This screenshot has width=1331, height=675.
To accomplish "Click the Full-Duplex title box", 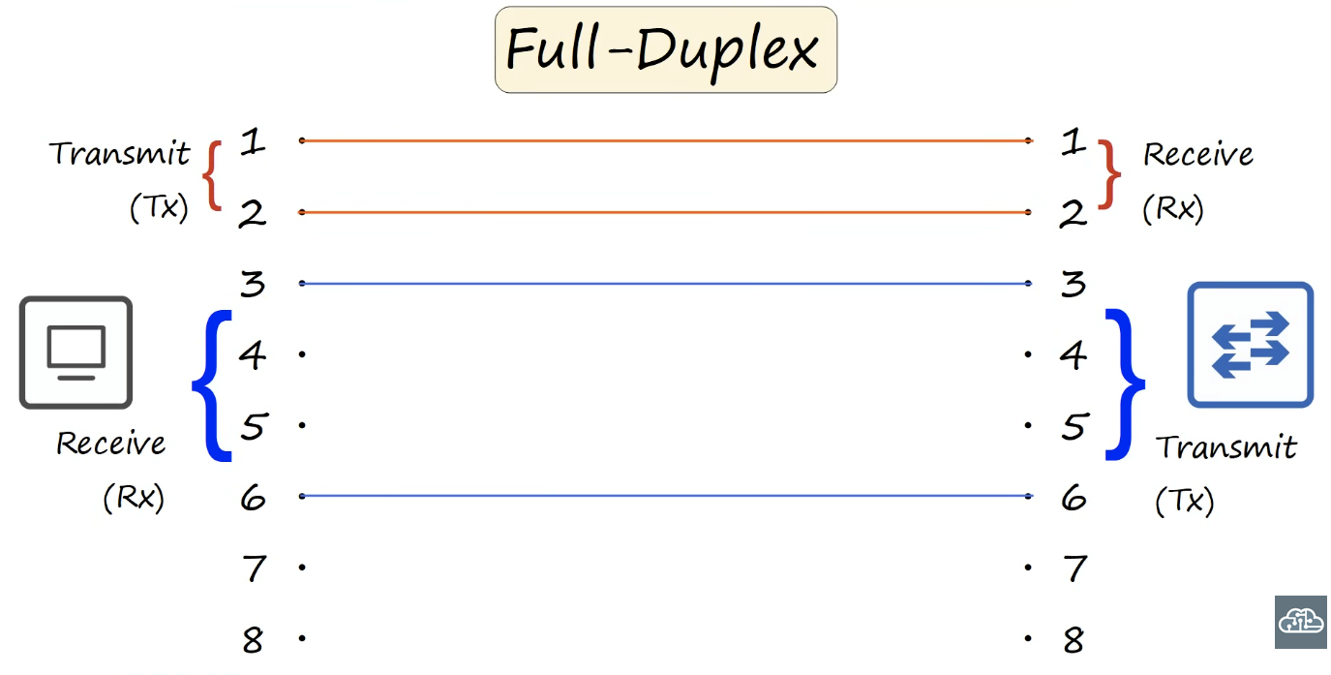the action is (666, 49).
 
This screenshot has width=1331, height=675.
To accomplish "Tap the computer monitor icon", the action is (76, 353).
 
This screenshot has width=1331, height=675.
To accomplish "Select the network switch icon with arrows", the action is (1251, 345).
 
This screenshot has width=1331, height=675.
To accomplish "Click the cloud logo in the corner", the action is (1301, 622).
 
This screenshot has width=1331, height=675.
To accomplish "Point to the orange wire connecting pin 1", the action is (666, 141).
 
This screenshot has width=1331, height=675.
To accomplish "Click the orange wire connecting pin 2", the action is (666, 212).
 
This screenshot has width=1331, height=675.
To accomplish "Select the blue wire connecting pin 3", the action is (666, 284).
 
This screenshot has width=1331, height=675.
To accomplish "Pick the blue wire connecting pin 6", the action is (666, 496).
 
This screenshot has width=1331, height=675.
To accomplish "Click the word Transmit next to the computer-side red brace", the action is (119, 153).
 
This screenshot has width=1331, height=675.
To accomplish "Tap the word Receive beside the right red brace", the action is (1198, 155).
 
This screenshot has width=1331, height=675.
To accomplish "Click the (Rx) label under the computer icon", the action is (134, 497).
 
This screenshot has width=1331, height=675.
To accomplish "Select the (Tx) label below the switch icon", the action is (1184, 501).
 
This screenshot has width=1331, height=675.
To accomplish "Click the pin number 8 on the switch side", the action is (1074, 640).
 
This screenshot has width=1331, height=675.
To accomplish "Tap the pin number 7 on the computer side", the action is (255, 568).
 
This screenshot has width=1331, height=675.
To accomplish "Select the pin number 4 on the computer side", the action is (253, 355).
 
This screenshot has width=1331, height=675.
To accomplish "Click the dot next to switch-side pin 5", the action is (1028, 425).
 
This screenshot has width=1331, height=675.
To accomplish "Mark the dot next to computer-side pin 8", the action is (302, 638).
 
